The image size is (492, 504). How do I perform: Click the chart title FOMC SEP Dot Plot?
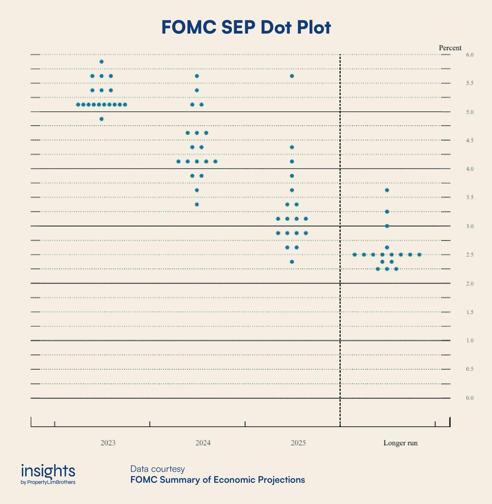(x=246, y=27)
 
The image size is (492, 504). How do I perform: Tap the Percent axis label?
(x=450, y=48)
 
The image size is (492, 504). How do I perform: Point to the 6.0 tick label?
(x=470, y=55)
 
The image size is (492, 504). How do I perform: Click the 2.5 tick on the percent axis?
(x=470, y=255)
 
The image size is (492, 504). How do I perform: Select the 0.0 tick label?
(x=470, y=398)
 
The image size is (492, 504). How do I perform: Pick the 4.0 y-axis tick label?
(x=470, y=169)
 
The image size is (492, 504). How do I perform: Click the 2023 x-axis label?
(x=108, y=443)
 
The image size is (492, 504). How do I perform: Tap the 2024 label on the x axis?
(x=203, y=443)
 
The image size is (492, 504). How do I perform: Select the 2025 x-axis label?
(x=298, y=443)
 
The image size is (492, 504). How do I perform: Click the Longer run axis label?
(x=400, y=443)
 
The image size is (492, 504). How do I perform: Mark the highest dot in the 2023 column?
(x=101, y=62)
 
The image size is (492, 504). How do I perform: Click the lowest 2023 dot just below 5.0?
(x=101, y=119)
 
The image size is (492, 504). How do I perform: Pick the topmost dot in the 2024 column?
(x=197, y=76)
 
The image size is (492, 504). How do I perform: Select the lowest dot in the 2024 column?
(x=197, y=204)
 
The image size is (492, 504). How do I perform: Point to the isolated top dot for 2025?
(x=292, y=76)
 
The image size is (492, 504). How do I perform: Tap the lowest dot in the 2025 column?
(x=292, y=262)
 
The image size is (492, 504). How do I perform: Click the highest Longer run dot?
(x=387, y=190)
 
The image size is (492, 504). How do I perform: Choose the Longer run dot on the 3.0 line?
(x=387, y=226)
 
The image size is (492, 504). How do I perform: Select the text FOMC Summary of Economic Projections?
(x=218, y=480)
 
